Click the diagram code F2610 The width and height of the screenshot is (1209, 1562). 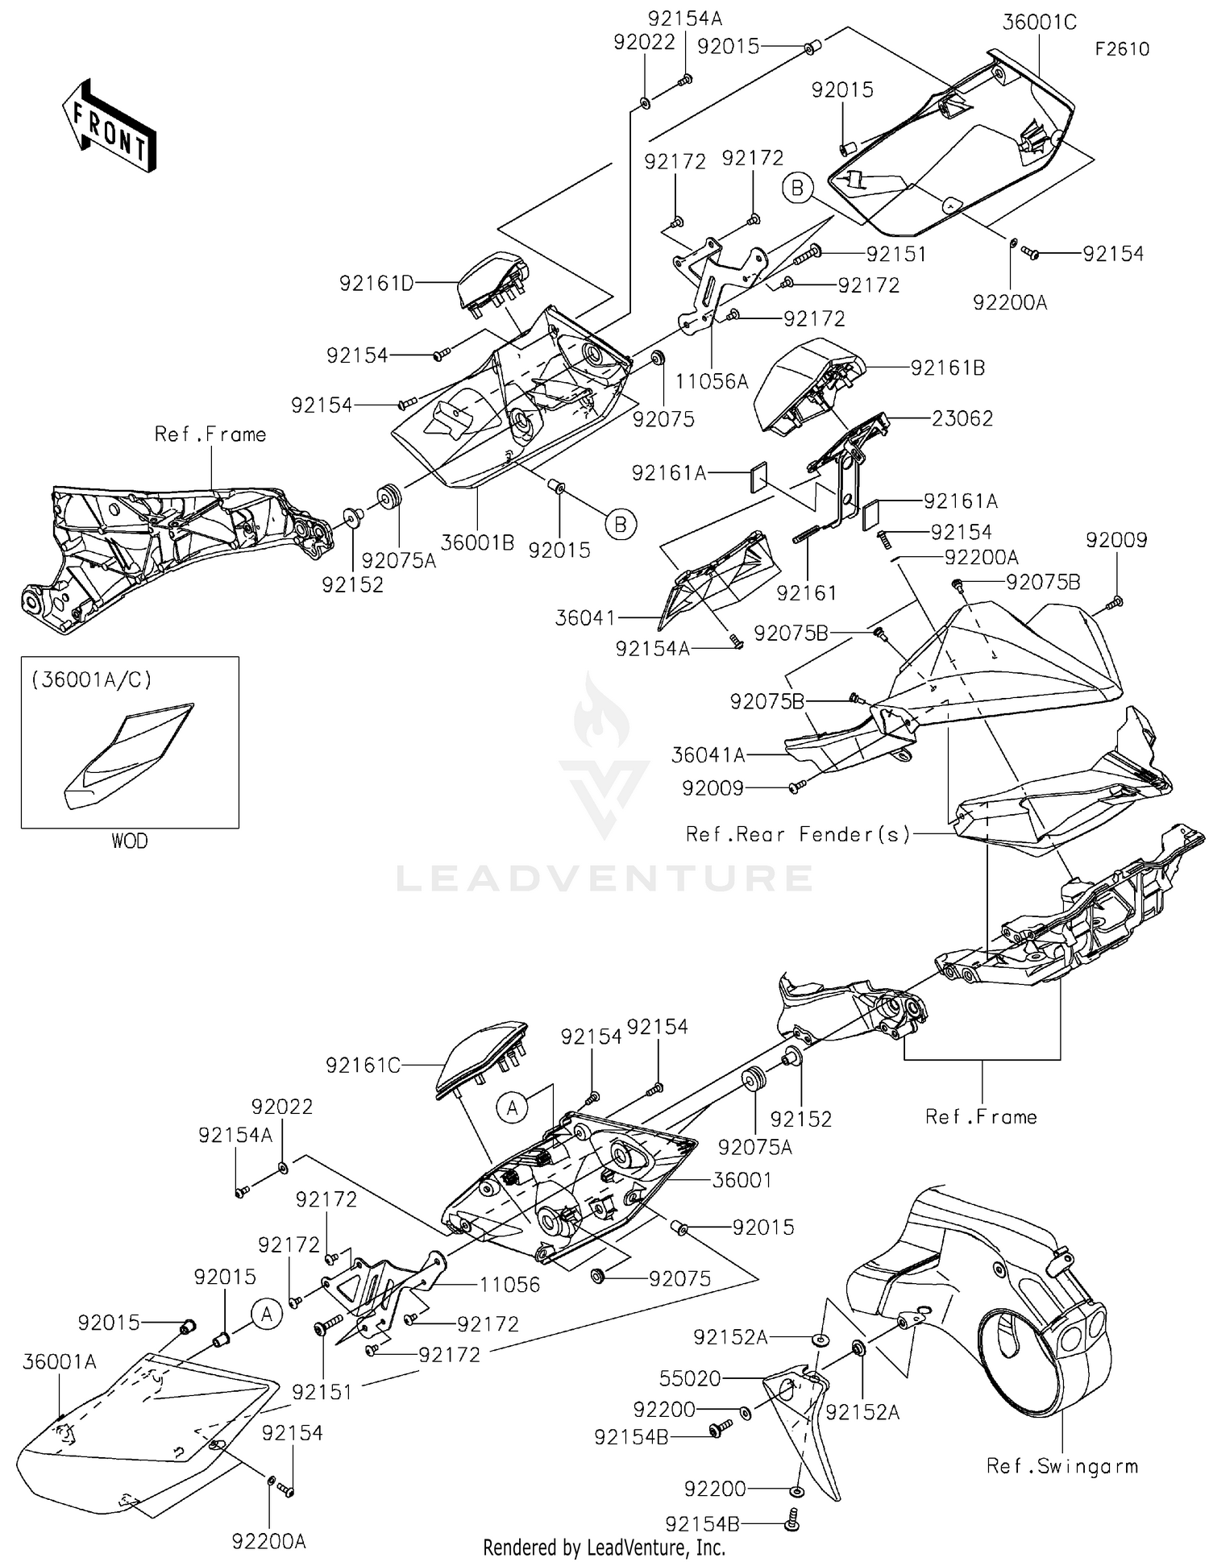point(1121,49)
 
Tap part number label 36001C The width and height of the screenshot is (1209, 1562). point(1039,23)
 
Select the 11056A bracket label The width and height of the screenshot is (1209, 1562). point(712,381)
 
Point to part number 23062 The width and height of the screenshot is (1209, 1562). point(962,418)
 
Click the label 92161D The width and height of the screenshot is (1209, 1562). point(376,284)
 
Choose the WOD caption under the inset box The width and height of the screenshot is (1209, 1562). point(129,841)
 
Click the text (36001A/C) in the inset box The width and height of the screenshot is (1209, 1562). point(92,680)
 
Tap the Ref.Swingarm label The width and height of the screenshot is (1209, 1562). point(1062,1466)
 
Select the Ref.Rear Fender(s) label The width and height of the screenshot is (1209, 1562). point(798,834)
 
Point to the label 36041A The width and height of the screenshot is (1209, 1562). point(708,755)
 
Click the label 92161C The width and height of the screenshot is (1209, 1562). point(363,1066)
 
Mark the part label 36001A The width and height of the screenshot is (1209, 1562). point(60,1361)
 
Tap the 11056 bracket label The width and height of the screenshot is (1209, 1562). point(509,1284)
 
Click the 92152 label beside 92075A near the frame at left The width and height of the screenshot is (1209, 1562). point(352,585)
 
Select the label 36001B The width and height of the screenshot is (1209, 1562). point(477,542)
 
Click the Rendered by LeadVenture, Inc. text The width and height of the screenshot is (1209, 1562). point(604,1547)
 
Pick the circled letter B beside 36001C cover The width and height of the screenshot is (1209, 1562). point(797,189)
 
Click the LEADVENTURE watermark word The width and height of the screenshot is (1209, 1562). point(604,879)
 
